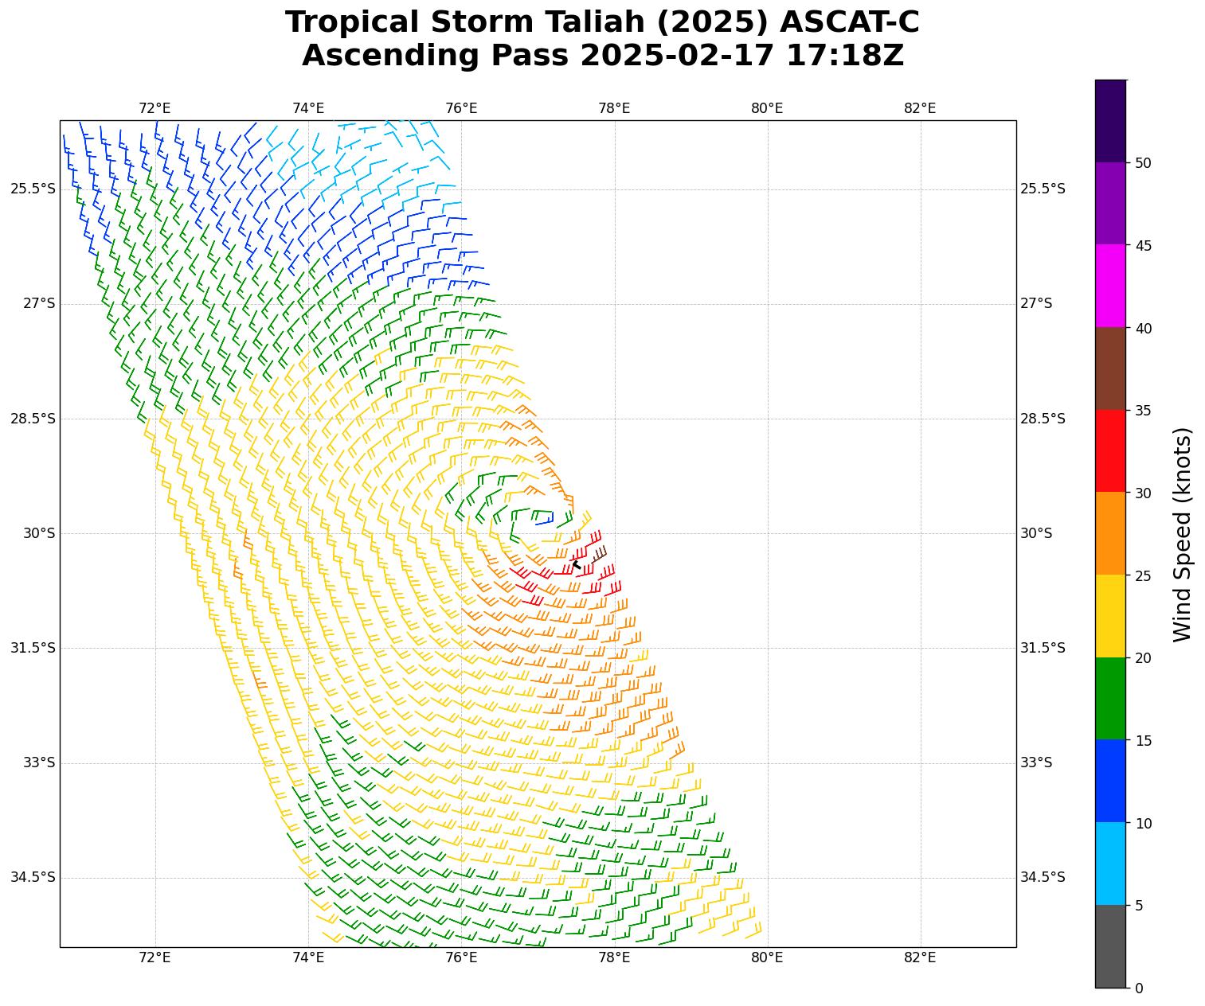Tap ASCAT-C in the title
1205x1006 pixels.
click(x=849, y=22)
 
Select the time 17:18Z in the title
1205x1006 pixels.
click(x=845, y=56)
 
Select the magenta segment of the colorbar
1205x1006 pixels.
click(x=1110, y=286)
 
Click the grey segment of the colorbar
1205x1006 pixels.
click(x=1110, y=946)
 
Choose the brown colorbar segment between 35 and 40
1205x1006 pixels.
click(x=1110, y=368)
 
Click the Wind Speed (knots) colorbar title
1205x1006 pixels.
click(x=1183, y=534)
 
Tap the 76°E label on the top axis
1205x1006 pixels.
click(x=461, y=108)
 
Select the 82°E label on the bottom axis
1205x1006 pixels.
click(x=920, y=957)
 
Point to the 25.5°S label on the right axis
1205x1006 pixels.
click(x=1043, y=189)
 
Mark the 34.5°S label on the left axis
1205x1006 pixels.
click(x=33, y=877)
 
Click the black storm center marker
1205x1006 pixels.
click(x=577, y=565)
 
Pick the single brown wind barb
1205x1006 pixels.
click(x=598, y=554)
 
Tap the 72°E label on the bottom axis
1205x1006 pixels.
click(x=155, y=957)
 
